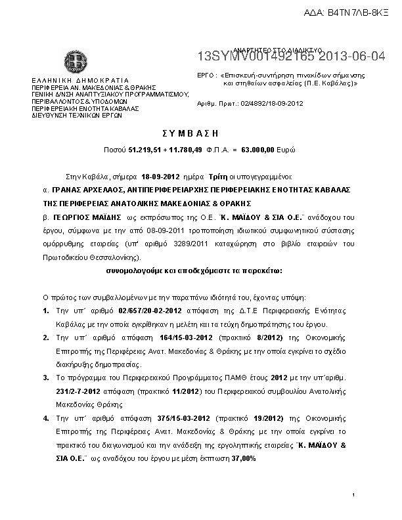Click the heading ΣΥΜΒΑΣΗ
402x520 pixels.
click(200, 133)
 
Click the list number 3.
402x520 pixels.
click(45, 378)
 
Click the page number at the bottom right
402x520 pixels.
click(353, 494)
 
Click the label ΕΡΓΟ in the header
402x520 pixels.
click(206, 76)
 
